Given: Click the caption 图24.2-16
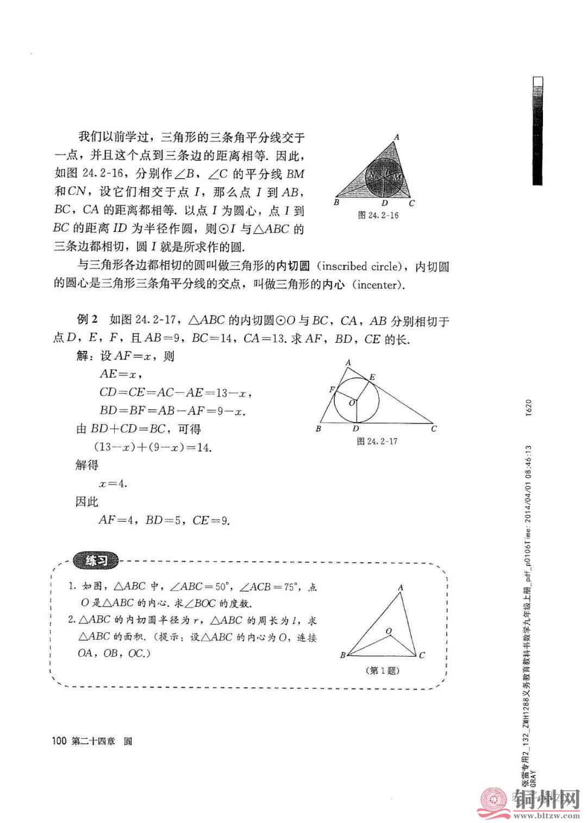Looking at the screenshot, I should [378, 215].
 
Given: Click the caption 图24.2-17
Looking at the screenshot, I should [377, 441].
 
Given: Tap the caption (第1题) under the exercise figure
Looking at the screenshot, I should [384, 670].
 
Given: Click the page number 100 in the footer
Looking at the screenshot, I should [58, 741].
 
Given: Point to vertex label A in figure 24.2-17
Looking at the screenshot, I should [348, 362].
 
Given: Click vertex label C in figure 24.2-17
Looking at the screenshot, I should [434, 429].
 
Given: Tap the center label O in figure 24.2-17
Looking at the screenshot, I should [351, 403].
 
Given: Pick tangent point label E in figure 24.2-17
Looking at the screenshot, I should [372, 376].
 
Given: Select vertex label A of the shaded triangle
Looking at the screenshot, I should [397, 137].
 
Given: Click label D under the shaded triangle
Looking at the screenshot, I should [385, 203].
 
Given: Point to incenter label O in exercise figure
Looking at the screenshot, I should [388, 631].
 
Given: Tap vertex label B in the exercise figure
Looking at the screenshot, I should [343, 655].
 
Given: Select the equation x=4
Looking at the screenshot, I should [113, 483].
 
